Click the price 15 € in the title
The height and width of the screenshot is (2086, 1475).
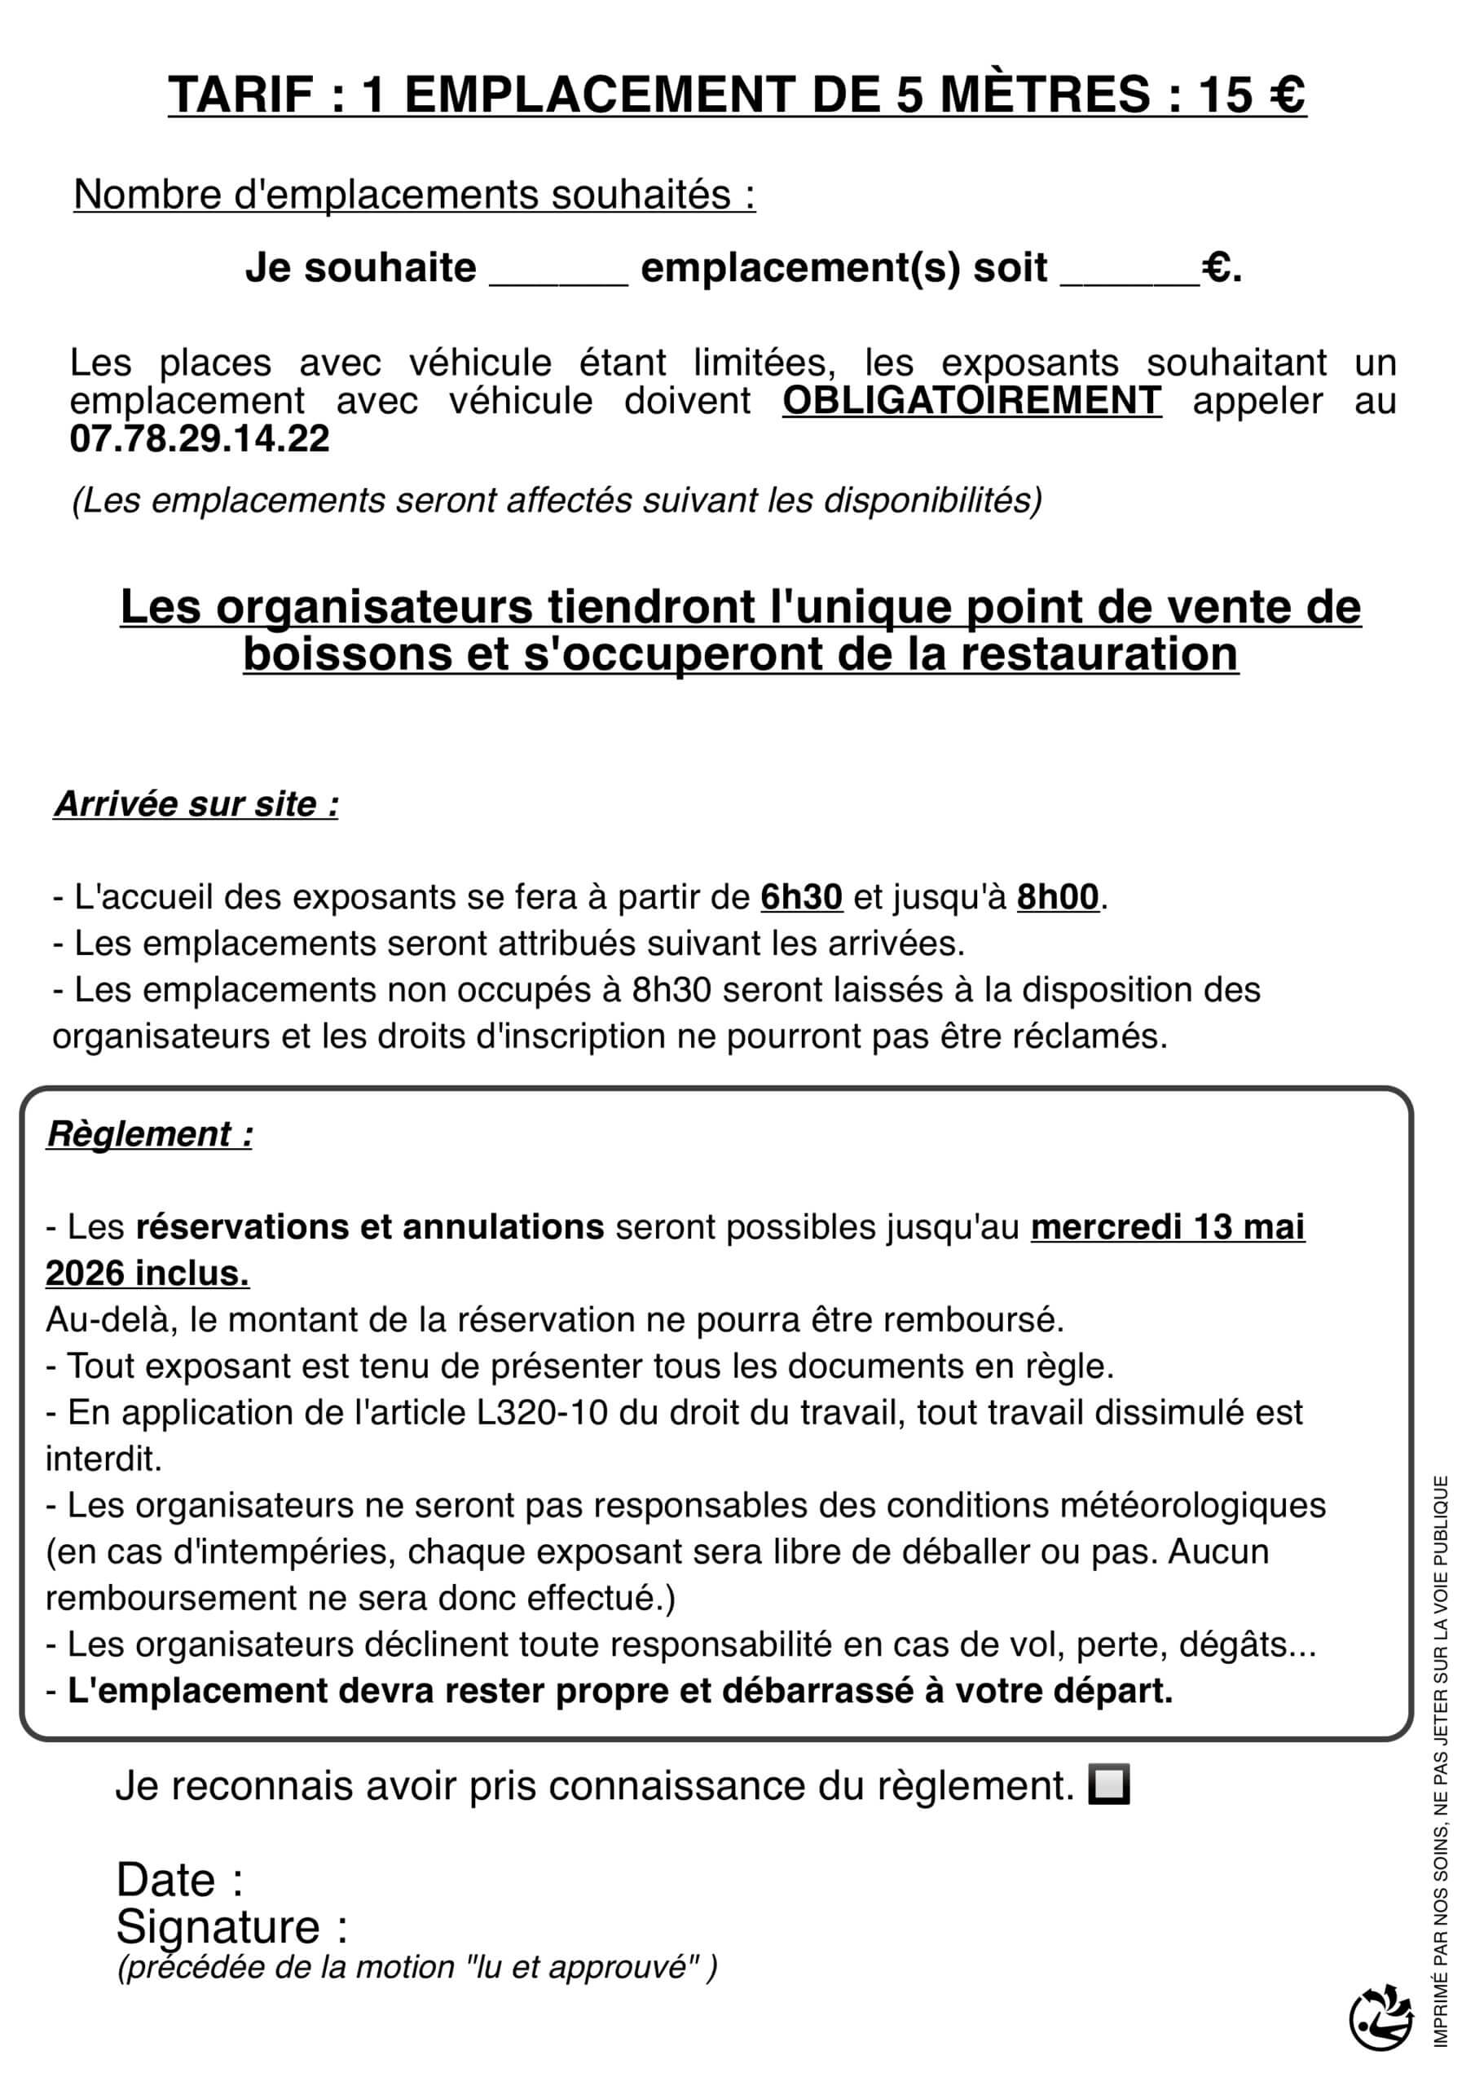[1252, 95]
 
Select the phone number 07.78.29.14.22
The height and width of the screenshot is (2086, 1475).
[200, 439]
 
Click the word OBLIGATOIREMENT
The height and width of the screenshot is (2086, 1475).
[971, 401]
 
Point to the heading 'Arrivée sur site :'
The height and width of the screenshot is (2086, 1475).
[196, 804]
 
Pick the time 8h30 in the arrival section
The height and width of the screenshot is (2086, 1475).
[671, 989]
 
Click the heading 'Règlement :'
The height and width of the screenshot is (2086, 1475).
[150, 1133]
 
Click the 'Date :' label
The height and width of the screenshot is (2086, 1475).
[180, 1879]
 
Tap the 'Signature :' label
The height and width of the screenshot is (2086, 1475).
[231, 1926]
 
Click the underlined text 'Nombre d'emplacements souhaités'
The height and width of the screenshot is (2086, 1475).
[413, 195]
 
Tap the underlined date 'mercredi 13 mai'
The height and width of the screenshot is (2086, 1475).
[1167, 1226]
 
